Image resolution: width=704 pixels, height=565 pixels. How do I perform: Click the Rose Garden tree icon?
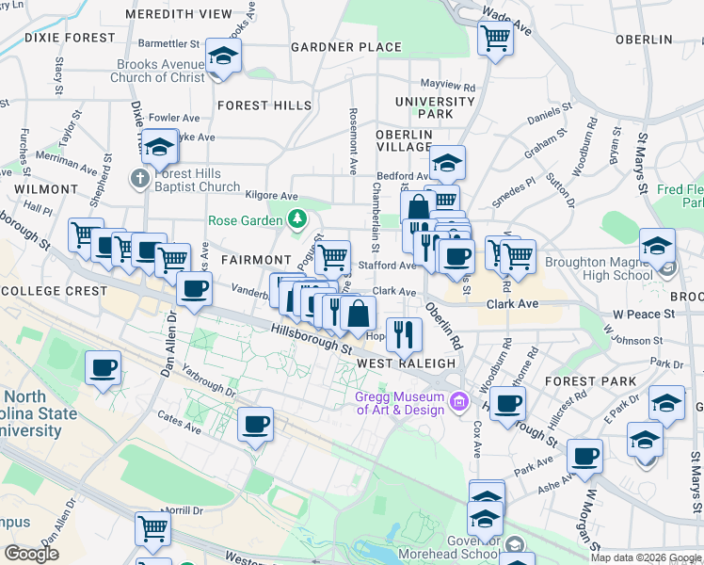pyautogui.click(x=297, y=220)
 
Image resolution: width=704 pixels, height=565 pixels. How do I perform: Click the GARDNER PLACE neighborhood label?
pyautogui.click(x=347, y=47)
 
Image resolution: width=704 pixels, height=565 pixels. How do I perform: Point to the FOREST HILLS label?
pyautogui.click(x=256, y=105)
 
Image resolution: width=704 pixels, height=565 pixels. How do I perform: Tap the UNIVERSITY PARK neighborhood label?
pyautogui.click(x=435, y=107)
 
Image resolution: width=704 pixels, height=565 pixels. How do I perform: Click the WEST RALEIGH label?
pyautogui.click(x=407, y=363)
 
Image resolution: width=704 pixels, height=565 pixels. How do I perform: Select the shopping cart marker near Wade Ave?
pyautogui.click(x=494, y=39)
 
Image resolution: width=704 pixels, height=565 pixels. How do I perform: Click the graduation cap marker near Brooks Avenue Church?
pyautogui.click(x=223, y=56)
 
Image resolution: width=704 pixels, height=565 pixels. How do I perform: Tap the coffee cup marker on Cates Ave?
pyautogui.click(x=255, y=425)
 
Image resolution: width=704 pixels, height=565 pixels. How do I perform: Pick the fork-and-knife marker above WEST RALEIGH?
pyautogui.click(x=404, y=333)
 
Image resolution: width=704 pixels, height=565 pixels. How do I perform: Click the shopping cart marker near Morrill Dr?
pyautogui.click(x=152, y=528)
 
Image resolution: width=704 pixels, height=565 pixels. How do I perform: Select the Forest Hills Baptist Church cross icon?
pyautogui.click(x=140, y=178)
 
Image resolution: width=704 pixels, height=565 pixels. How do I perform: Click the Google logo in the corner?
pyautogui.click(x=31, y=554)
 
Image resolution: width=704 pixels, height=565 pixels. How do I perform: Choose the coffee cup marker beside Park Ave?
pyautogui.click(x=584, y=457)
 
